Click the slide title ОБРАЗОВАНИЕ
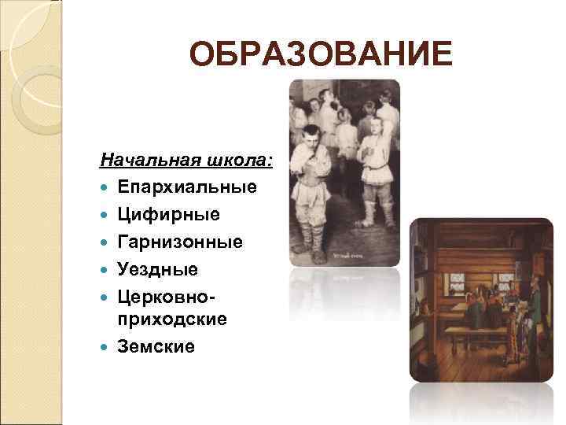tap(321, 56)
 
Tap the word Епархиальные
tap(188, 188)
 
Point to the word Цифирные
tap(169, 215)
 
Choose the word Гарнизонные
tap(180, 242)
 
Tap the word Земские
tap(156, 346)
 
